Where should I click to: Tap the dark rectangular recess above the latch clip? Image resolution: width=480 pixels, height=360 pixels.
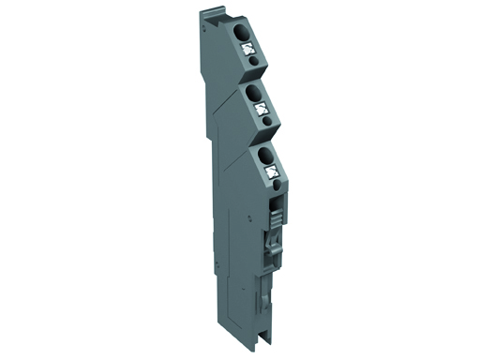coord(276,208)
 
